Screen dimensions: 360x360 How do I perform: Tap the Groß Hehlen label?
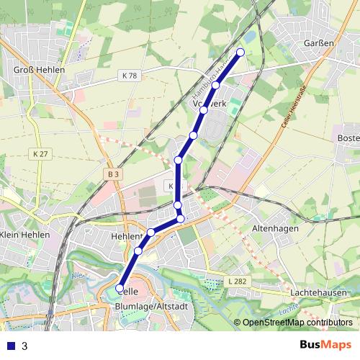(x=40, y=70)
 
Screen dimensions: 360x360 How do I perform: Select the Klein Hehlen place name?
(x=26, y=235)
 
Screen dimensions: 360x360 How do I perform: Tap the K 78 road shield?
(x=129, y=76)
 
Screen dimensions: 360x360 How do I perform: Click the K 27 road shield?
(x=40, y=154)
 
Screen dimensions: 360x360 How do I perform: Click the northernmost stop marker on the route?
(x=240, y=53)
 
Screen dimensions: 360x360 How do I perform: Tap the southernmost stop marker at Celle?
(x=120, y=289)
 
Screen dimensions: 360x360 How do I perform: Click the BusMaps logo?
(x=325, y=345)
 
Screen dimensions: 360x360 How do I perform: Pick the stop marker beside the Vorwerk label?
(x=204, y=110)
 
